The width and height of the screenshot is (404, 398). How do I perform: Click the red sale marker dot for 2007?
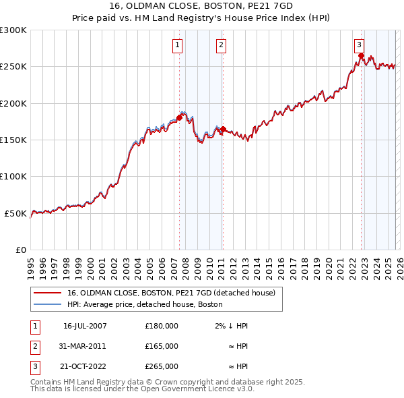click(x=179, y=118)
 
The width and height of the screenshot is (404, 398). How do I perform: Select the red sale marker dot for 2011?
click(x=224, y=129)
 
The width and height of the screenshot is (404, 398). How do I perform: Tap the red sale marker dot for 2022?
click(x=362, y=56)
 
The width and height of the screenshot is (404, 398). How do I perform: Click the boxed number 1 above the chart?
click(x=177, y=45)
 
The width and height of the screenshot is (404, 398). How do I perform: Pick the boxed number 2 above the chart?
click(x=221, y=45)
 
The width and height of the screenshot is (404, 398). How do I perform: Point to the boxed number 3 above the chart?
click(x=360, y=45)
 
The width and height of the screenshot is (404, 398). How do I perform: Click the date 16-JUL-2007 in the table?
click(x=85, y=326)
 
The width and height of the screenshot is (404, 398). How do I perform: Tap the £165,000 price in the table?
click(x=162, y=346)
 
